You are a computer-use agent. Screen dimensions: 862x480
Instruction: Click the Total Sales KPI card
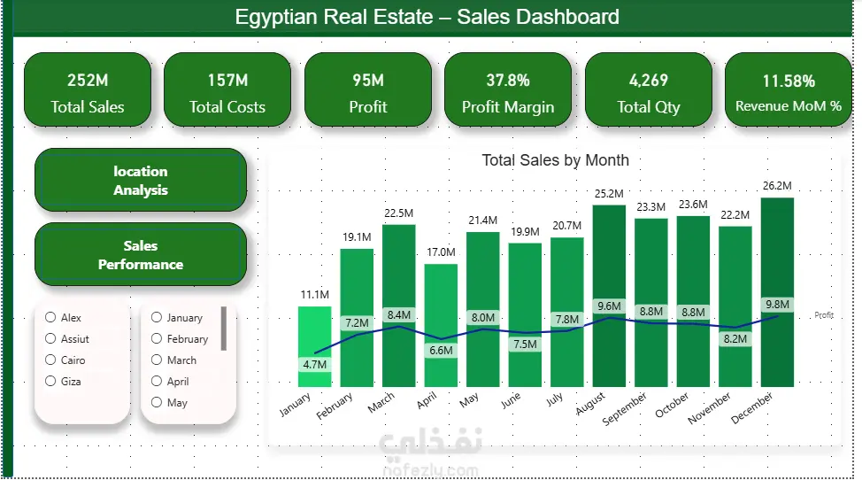tap(88, 89)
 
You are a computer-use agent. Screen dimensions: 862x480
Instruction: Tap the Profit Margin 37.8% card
tap(508, 89)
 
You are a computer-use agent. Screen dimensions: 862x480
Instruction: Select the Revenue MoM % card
tap(789, 89)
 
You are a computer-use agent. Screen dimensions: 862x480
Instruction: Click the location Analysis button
tap(141, 181)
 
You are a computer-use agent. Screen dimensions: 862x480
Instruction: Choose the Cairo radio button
tap(50, 360)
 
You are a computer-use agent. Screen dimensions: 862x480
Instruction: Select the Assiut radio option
tap(50, 338)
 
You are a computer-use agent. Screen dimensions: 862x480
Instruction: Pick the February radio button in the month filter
tap(157, 338)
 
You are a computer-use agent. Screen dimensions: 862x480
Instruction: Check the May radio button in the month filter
tap(157, 402)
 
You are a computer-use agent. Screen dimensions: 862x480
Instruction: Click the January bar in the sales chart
tap(314, 346)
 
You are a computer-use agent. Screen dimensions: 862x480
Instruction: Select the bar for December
tap(777, 292)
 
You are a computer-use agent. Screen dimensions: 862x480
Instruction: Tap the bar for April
tap(441, 326)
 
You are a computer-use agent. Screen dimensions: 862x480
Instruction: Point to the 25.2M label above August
tap(609, 194)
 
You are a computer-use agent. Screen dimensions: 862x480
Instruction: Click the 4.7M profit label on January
tap(315, 365)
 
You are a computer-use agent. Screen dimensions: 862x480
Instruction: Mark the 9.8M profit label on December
tap(777, 305)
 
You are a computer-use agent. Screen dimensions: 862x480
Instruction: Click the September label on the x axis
tap(625, 409)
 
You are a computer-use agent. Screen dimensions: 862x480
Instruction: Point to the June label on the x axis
tap(511, 401)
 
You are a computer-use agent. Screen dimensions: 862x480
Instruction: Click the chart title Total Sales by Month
tap(555, 160)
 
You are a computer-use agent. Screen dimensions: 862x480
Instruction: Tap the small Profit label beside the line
tap(824, 315)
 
